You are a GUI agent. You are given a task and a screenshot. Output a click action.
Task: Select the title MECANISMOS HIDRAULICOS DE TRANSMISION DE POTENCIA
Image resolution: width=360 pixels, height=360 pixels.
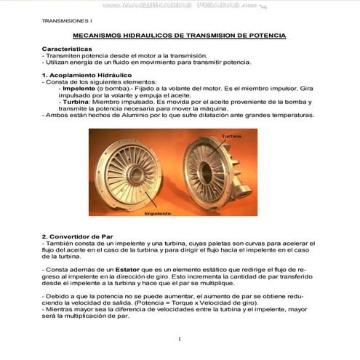click(180, 36)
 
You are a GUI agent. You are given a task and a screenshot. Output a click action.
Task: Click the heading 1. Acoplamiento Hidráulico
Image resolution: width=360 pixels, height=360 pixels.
click(87, 74)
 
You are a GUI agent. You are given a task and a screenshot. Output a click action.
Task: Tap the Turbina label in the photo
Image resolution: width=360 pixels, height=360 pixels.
click(231, 136)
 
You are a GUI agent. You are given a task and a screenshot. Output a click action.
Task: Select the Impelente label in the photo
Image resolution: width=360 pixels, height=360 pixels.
click(157, 213)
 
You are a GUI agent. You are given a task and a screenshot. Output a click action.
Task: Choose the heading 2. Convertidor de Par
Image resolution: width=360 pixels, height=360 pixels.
click(78, 236)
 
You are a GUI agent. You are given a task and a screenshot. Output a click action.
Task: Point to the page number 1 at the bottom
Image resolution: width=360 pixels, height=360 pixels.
click(179, 340)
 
